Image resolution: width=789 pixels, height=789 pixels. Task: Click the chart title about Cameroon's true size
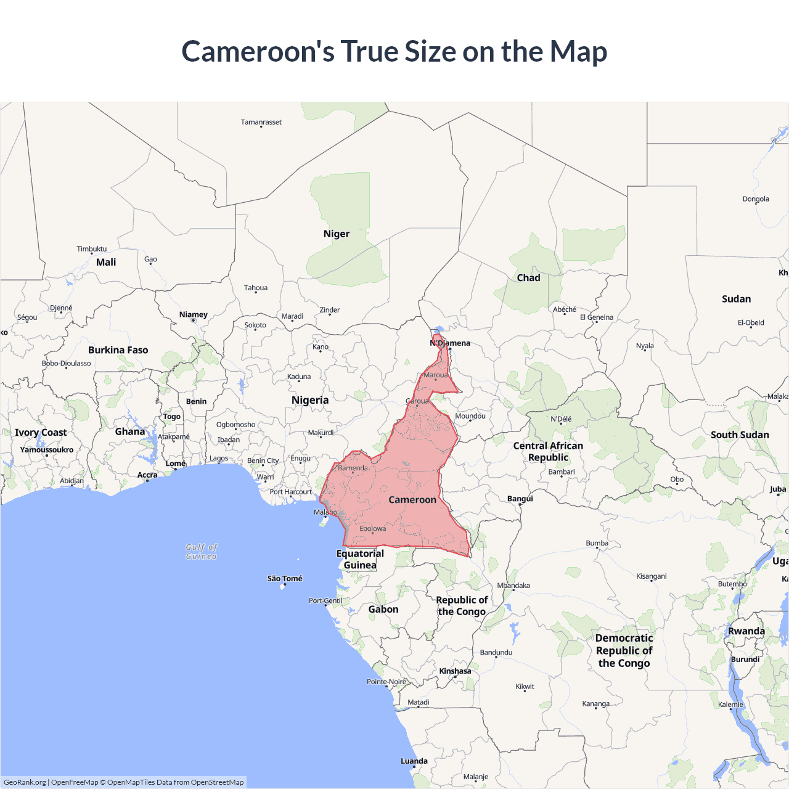394,51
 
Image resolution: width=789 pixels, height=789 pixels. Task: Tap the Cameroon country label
412,500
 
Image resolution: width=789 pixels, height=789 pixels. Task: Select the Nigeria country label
310,400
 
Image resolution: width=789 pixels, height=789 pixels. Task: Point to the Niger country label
337,234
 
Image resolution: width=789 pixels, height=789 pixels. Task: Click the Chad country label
528,278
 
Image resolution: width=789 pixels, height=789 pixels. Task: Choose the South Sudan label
740,435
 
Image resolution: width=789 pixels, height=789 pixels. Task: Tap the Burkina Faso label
118,350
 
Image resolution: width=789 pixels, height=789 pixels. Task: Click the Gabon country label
383,609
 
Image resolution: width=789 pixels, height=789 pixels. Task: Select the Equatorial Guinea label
360,559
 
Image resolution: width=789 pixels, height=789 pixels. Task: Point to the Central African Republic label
548,451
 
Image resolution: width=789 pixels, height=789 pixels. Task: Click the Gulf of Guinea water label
202,552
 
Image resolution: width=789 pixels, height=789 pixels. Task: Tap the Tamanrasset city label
261,122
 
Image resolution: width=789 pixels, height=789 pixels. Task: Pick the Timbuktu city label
92,249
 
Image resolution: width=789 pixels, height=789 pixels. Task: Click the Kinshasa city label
455,671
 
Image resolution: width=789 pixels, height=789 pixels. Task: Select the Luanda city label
414,761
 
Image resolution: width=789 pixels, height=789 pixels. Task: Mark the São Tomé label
285,578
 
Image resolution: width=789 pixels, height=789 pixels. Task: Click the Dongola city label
756,199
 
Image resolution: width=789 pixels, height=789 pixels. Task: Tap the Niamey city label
194,314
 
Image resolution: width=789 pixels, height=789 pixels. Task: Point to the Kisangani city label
652,576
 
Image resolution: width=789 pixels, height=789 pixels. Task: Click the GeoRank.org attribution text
25,782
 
